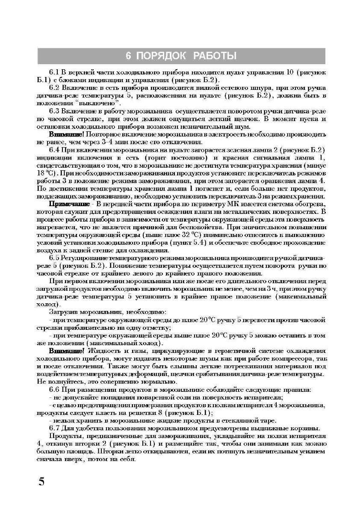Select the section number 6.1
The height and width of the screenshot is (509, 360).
click(55, 73)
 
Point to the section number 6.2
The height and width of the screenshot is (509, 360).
click(55, 87)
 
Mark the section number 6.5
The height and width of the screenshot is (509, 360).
click(55, 258)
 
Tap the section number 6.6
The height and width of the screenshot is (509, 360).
click(55, 389)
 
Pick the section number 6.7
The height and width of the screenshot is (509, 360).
click(55, 428)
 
